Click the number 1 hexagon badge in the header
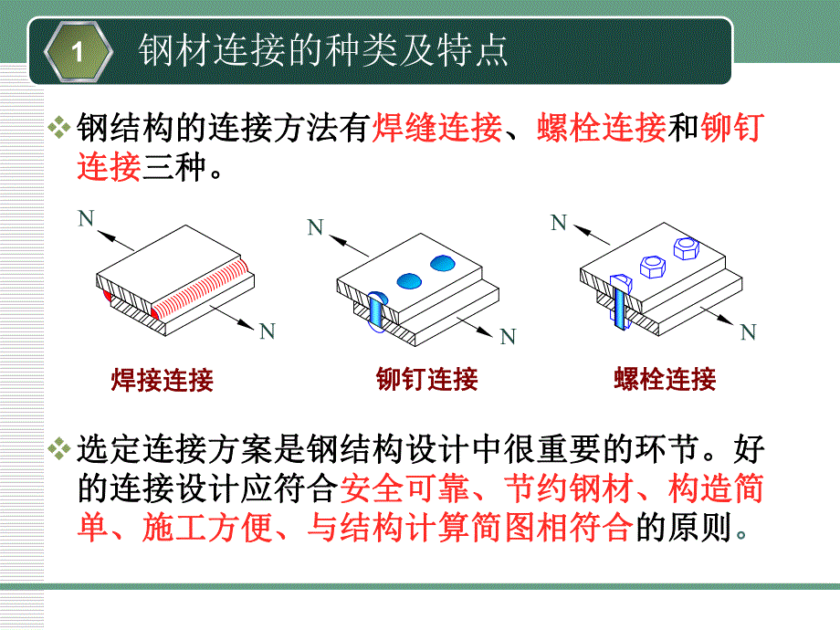[78, 52]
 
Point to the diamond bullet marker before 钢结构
[60, 130]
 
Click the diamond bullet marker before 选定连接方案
[60, 450]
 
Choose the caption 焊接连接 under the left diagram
[162, 380]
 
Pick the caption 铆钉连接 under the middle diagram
[427, 379]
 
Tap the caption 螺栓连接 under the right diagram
[665, 379]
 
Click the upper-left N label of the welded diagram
[86, 217]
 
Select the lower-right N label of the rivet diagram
[509, 337]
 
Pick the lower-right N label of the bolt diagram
[748, 331]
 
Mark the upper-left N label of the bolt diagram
[558, 222]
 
